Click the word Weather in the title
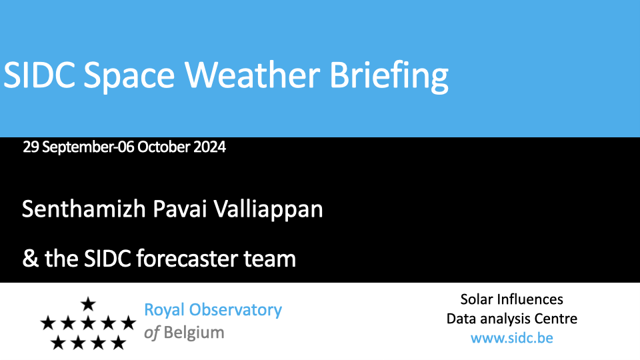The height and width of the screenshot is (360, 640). pos(252,75)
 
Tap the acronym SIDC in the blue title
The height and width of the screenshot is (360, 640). pos(39,75)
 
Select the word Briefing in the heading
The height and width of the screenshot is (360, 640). pos(389,77)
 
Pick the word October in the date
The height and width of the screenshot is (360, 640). pos(164,147)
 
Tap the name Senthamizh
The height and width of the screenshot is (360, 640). pos(84,209)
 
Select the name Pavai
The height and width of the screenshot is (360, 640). pos(179,209)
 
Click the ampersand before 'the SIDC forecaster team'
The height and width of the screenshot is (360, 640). pos(30,259)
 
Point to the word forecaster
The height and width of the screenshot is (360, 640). pos(187,259)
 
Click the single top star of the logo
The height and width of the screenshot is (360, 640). pos(88,304)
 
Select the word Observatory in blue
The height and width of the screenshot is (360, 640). pos(235,311)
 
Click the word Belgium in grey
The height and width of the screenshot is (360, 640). pos(194,333)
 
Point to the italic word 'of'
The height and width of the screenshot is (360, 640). pos(151,333)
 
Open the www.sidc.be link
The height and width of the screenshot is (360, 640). pos(512,338)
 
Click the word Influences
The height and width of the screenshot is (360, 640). pos(535,299)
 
